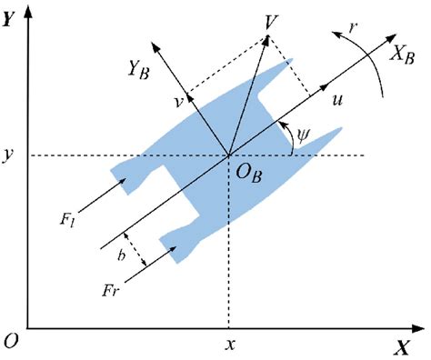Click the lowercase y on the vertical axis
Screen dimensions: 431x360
click(11, 156)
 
